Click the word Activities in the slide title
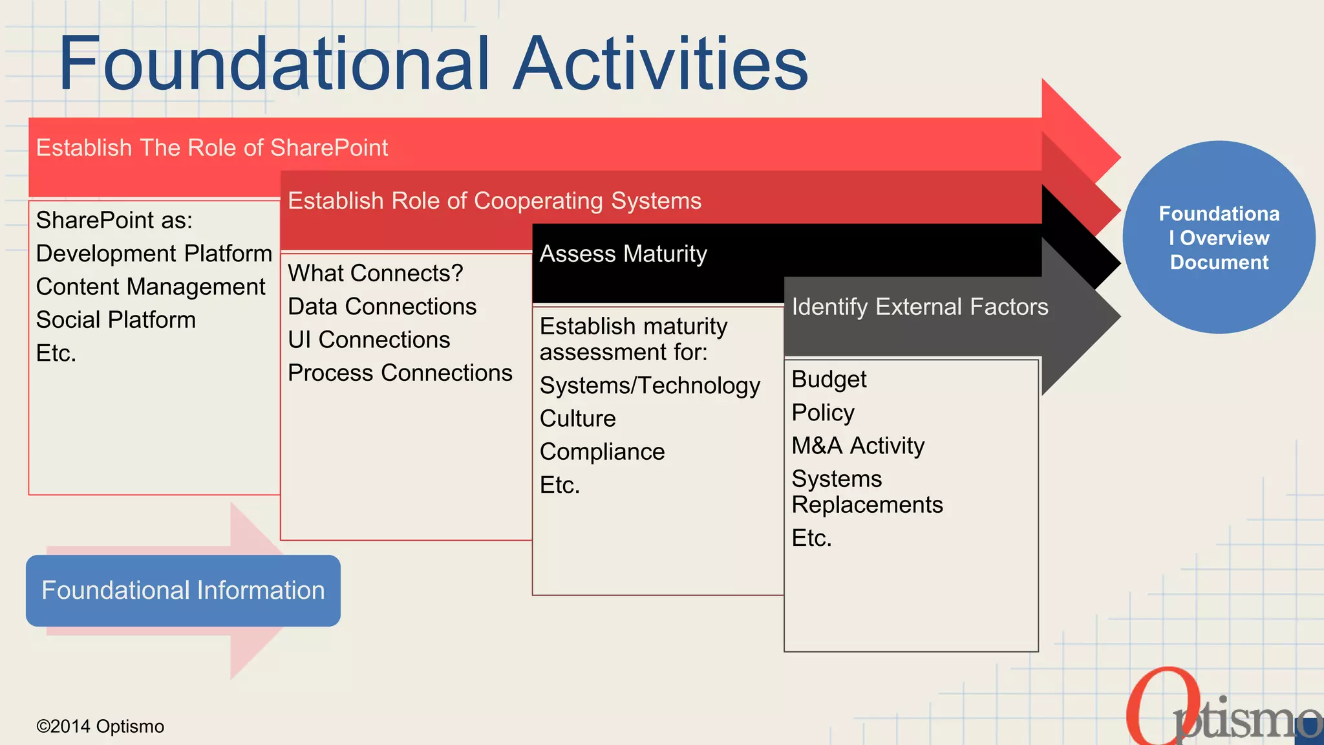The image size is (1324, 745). (x=661, y=63)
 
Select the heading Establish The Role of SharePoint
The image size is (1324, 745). (x=212, y=148)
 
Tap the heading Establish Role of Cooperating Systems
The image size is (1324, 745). (x=495, y=201)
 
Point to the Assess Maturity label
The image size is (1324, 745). (x=623, y=254)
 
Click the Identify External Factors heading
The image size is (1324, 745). (x=920, y=307)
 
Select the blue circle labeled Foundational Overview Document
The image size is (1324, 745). (x=1219, y=237)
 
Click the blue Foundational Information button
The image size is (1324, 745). (x=183, y=590)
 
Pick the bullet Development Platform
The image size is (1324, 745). (x=154, y=254)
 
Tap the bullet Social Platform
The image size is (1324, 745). (x=116, y=320)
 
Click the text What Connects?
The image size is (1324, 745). (x=375, y=274)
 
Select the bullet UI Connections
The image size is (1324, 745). (x=368, y=340)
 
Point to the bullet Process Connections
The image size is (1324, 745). (x=400, y=373)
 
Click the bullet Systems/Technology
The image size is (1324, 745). (x=650, y=386)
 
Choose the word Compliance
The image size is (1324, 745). (x=602, y=452)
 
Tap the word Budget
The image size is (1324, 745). (x=829, y=380)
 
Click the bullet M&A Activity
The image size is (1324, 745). (x=858, y=446)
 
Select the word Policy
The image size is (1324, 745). (x=823, y=413)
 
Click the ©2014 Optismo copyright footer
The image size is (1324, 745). (x=100, y=726)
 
